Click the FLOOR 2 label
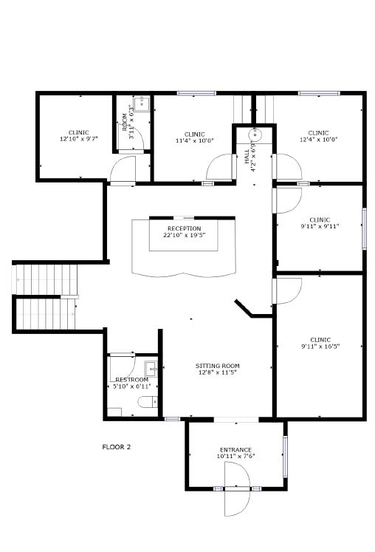[116, 447]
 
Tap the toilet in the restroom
[148, 402]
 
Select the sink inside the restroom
[151, 369]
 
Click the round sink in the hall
[255, 134]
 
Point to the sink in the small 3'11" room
[142, 103]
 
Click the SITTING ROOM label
[218, 366]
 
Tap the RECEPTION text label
[185, 228]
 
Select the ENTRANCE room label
[235, 450]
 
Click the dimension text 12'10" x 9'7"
[78, 139]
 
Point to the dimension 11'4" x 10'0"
[195, 140]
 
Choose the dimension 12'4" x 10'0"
[318, 139]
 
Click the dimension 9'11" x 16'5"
[320, 346]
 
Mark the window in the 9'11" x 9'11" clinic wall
[365, 229]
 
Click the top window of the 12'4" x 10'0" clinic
[319, 93]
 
